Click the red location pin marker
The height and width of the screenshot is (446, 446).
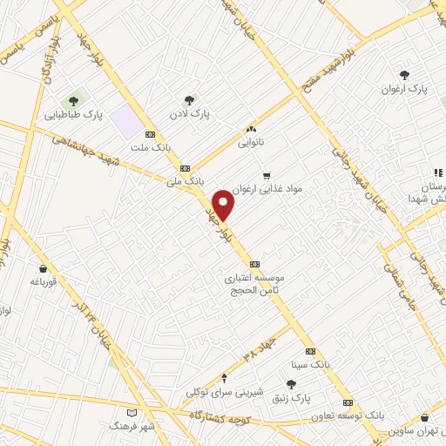click(224, 205)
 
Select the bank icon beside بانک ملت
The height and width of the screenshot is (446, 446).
click(150, 134)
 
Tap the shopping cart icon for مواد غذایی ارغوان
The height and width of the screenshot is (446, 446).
click(267, 175)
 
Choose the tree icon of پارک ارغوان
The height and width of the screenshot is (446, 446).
click(403, 75)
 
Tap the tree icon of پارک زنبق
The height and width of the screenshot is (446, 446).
click(292, 384)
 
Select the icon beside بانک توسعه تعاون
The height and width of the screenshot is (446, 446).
click(348, 402)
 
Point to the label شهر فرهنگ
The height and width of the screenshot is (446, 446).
click(132, 426)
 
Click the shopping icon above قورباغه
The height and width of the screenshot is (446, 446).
click(42, 268)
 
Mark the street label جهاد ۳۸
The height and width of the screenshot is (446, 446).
click(238, 353)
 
